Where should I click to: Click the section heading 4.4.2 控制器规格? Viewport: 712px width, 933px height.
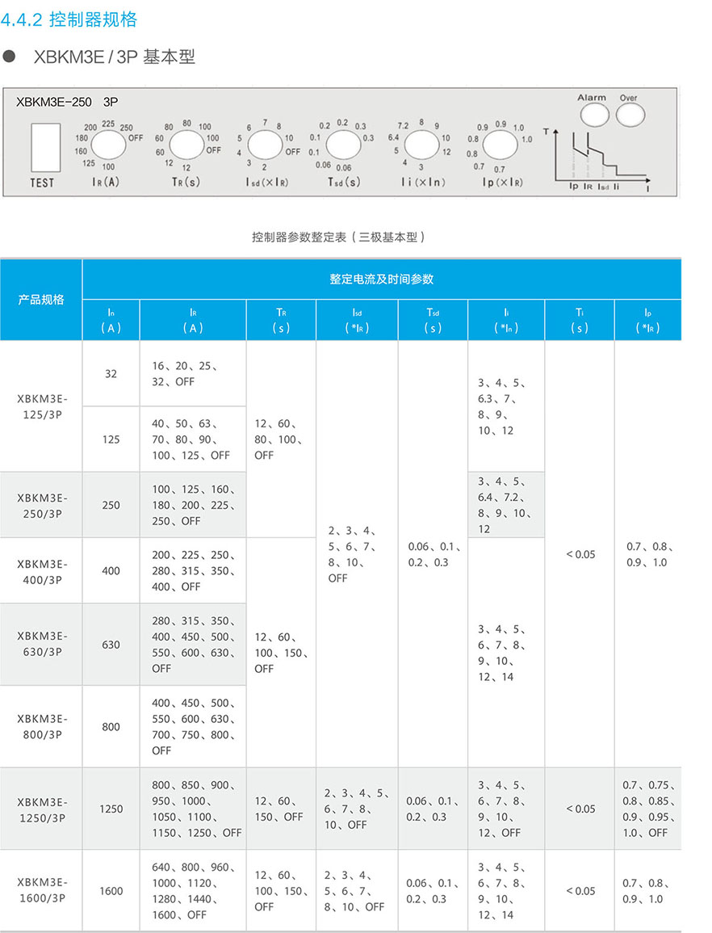pos(70,20)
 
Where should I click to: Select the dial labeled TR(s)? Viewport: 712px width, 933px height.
pos(186,145)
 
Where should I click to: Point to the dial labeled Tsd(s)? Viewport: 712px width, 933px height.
pos(341,145)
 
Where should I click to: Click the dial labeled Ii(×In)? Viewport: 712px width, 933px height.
pos(421,146)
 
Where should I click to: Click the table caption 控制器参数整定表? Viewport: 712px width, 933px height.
pos(338,237)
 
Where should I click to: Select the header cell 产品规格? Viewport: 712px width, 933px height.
pos(41,300)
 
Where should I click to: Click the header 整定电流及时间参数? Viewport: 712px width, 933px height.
pos(381,279)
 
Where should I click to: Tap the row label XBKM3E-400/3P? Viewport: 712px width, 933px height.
pos(42,570)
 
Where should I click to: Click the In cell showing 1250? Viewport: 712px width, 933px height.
pos(111,809)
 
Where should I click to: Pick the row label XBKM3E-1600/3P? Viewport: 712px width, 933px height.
pos(42,890)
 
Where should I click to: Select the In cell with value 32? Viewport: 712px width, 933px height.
pos(111,373)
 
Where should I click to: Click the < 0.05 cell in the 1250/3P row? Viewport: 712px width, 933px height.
pos(580,809)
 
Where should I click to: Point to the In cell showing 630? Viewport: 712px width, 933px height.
pos(111,645)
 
